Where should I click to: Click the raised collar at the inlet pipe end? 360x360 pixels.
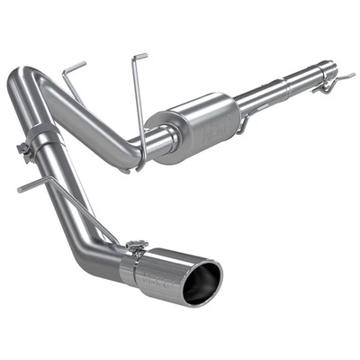point(315,72)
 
